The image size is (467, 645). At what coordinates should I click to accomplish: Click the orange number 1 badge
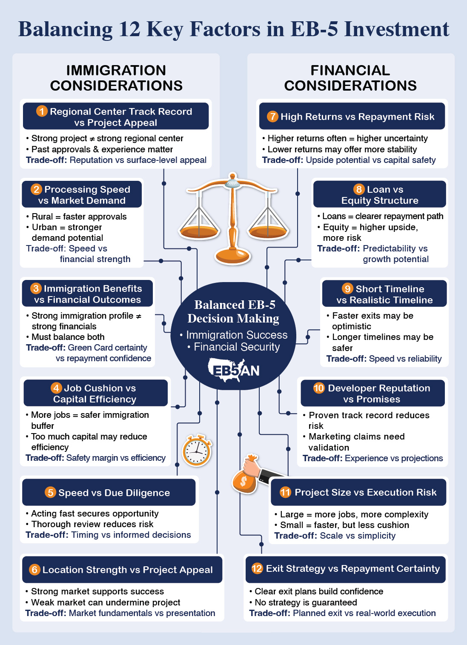[42, 111]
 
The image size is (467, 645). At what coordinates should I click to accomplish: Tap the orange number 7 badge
[272, 117]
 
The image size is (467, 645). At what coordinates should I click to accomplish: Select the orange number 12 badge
[257, 568]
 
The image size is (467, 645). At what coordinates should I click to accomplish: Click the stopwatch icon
[197, 451]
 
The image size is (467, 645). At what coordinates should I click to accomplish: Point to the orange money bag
[244, 481]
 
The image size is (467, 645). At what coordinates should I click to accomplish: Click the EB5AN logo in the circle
[234, 369]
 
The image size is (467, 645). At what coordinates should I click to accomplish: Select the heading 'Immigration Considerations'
[116, 78]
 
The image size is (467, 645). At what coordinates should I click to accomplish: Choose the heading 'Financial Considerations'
[350, 78]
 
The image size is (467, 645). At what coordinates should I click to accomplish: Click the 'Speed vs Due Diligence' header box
[109, 493]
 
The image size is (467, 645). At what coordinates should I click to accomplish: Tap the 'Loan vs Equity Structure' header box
[380, 195]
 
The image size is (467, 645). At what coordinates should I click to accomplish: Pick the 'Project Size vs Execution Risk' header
[358, 492]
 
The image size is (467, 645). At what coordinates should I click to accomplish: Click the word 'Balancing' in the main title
[66, 29]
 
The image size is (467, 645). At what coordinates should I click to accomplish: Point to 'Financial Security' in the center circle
[237, 347]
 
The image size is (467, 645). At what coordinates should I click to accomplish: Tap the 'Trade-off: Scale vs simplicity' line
[335, 536]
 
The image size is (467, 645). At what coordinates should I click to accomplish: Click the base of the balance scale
[233, 256]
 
